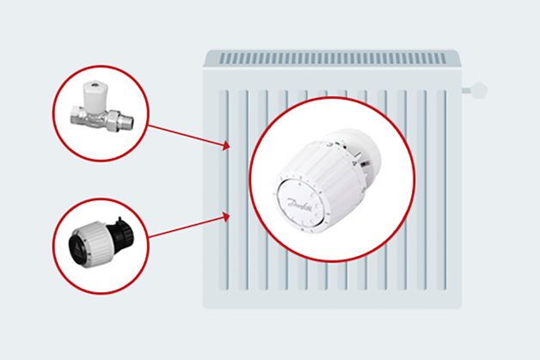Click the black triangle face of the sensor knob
(x=77, y=247)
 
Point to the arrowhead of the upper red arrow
(x=226, y=145)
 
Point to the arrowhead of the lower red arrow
(x=226, y=217)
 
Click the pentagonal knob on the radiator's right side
(x=478, y=90)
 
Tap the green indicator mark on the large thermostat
(x=337, y=142)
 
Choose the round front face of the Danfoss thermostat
(x=298, y=203)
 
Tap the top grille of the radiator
(x=332, y=58)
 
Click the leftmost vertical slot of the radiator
(x=224, y=190)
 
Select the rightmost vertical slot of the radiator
(x=441, y=190)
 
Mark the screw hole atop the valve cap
(x=95, y=84)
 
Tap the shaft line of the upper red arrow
(x=185, y=135)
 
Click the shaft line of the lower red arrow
(x=186, y=227)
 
